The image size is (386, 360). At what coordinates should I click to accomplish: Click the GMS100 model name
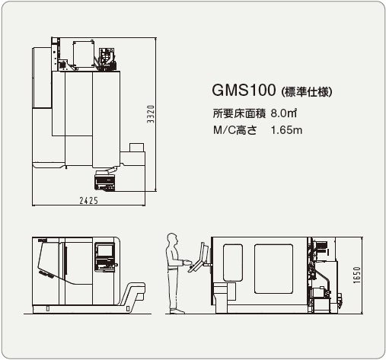[244, 90]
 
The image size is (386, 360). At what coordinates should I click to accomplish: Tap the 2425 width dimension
[88, 201]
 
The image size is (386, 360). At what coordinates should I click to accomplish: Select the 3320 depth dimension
[151, 114]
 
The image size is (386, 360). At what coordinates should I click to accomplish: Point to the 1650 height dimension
[357, 275]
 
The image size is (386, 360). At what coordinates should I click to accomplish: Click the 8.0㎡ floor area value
[284, 113]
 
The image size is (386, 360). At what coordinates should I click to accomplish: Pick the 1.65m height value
[286, 130]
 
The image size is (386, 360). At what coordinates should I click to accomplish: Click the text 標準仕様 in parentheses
[307, 92]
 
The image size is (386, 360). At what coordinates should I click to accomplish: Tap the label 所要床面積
[239, 113]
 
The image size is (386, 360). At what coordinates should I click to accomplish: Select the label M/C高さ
[235, 130]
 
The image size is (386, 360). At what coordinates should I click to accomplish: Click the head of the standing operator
[172, 239]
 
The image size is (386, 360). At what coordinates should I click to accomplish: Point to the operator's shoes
[177, 311]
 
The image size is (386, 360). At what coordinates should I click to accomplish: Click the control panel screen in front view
[105, 250]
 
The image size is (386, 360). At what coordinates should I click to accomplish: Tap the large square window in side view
[274, 269]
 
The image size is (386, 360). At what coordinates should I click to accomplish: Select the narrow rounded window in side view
[233, 263]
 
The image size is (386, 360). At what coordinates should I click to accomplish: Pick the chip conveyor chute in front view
[132, 295]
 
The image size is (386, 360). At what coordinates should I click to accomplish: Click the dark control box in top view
[105, 181]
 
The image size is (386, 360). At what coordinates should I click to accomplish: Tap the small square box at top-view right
[136, 148]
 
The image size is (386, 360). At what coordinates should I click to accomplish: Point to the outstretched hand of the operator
[187, 263]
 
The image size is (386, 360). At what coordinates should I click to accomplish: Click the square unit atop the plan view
[84, 54]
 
